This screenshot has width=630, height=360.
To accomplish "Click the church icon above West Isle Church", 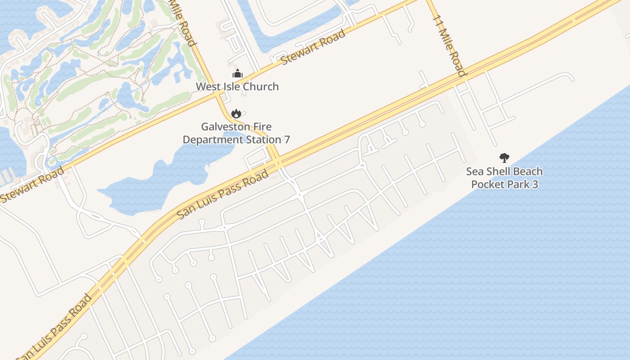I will [x=237, y=73].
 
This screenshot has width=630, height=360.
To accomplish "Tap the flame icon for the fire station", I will [x=236, y=113].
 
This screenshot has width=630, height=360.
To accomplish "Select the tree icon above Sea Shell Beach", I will [x=504, y=158].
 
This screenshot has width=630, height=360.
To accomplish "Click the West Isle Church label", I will [x=237, y=86].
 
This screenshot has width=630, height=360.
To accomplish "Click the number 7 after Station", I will [x=286, y=139].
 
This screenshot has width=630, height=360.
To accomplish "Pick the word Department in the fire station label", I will [x=213, y=139].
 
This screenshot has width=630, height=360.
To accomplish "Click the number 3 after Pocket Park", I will [x=535, y=184].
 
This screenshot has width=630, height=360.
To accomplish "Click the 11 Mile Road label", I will [x=449, y=45].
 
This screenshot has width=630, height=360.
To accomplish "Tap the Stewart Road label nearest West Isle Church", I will [x=314, y=47].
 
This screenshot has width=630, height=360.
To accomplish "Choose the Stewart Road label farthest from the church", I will [x=32, y=184].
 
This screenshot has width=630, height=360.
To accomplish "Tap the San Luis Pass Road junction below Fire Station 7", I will [x=276, y=161].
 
